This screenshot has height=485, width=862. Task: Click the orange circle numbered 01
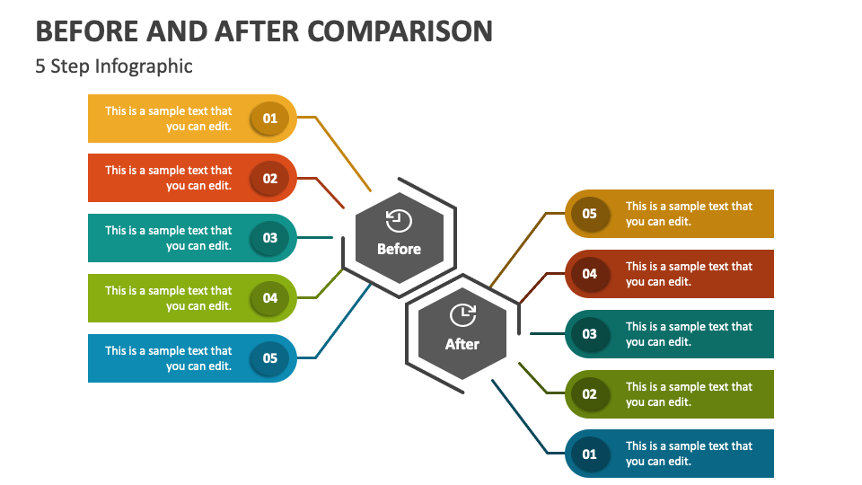click(x=269, y=119)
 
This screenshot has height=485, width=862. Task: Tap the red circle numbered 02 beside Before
click(x=269, y=178)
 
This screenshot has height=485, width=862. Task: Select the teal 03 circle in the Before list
click(x=269, y=238)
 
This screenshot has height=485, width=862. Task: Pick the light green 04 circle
click(x=269, y=298)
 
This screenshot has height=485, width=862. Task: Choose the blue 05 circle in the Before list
click(x=269, y=358)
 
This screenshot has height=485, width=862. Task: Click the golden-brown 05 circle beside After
click(x=589, y=214)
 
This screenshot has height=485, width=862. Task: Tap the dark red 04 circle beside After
click(x=589, y=274)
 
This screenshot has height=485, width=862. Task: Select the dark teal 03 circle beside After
click(x=589, y=334)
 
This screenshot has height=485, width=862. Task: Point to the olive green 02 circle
click(x=589, y=393)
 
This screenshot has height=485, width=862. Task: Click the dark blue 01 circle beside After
click(x=589, y=454)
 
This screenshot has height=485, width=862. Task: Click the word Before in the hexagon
click(x=399, y=249)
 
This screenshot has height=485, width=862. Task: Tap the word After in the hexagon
click(x=462, y=344)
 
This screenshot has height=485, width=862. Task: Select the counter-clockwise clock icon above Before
click(x=399, y=221)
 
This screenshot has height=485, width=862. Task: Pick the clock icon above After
click(x=463, y=315)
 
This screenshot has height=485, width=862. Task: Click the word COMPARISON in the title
click(x=400, y=31)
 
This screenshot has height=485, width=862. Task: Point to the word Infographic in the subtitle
click(x=144, y=66)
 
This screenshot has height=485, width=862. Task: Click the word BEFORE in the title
click(x=87, y=31)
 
